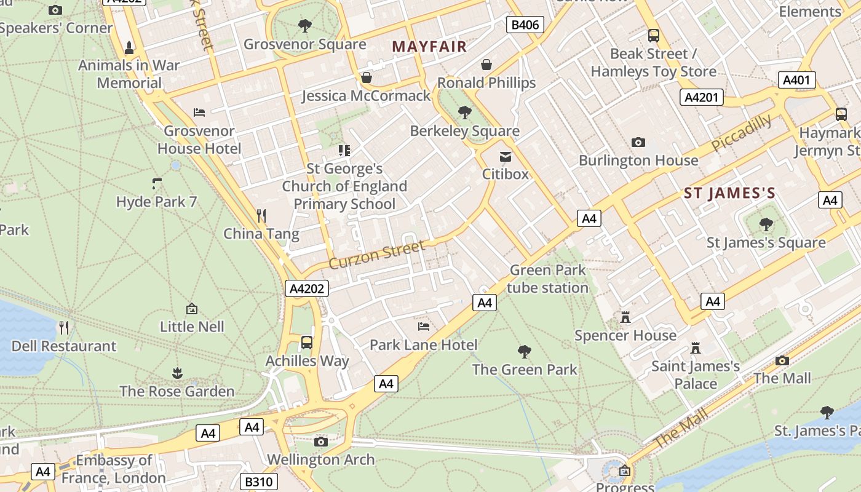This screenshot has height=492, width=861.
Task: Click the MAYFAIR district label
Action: coord(429,46)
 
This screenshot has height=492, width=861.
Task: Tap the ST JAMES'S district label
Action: coord(730,193)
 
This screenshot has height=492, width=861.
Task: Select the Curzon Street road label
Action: coord(376,255)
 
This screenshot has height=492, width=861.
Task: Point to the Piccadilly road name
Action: coord(741,133)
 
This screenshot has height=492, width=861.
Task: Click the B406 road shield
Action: coord(525,25)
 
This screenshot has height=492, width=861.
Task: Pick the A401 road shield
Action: coord(798,80)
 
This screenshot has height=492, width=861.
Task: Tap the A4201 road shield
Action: coord(702,97)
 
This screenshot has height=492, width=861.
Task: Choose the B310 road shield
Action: coord(258,482)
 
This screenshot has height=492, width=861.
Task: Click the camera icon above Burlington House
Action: coord(638,143)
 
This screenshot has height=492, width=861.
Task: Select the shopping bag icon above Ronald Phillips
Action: coord(486,65)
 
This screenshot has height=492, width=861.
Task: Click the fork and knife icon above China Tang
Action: coord(261,215)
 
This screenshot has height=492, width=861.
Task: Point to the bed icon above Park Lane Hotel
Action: coord(423,326)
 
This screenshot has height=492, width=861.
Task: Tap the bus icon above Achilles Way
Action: coord(307,342)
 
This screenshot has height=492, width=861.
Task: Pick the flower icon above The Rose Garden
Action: coord(177,373)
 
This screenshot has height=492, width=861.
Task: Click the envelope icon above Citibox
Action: coord(505,156)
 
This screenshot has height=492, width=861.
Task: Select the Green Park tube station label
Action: coord(547,279)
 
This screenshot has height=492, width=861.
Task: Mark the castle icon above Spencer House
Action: coord(625,317)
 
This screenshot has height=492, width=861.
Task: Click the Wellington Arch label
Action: coord(320,459)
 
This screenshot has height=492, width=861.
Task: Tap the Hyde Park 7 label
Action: coord(156,202)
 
